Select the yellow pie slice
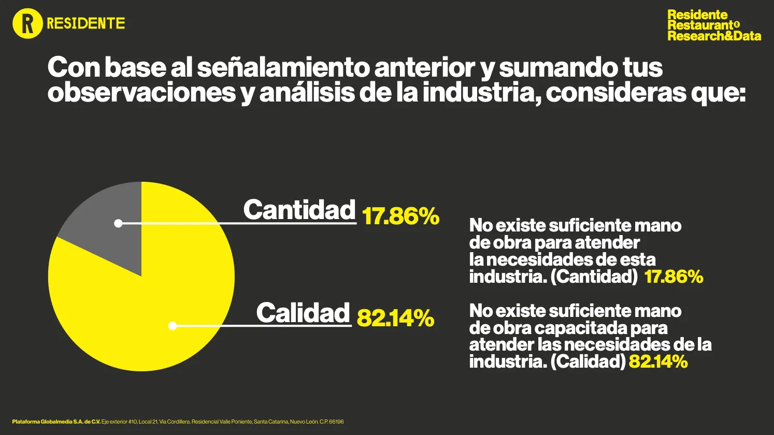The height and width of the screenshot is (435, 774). pyautogui.click(x=155, y=311)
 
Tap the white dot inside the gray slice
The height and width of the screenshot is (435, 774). pyautogui.click(x=118, y=223)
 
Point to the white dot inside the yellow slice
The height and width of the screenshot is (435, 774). pyautogui.click(x=173, y=326)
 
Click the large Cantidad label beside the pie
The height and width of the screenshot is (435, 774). pyautogui.click(x=299, y=210)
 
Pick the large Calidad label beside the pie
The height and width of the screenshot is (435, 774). pyautogui.click(x=303, y=313)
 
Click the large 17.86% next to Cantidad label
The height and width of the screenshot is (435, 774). pyautogui.click(x=400, y=216)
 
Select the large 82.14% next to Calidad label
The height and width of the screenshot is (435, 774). pyautogui.click(x=395, y=318)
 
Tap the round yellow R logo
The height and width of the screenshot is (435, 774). pyautogui.click(x=27, y=23)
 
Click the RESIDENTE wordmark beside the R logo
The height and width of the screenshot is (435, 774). pyautogui.click(x=86, y=23)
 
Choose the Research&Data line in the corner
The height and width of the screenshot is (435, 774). pyautogui.click(x=714, y=36)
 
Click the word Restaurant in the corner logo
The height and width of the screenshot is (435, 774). pyautogui.click(x=700, y=25)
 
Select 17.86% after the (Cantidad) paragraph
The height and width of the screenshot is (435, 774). pyautogui.click(x=673, y=277)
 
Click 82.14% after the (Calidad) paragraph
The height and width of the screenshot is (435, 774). pyautogui.click(x=658, y=361)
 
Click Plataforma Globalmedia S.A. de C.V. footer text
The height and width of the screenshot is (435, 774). pyautogui.click(x=56, y=422)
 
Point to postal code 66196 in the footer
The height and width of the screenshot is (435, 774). pyautogui.click(x=336, y=422)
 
